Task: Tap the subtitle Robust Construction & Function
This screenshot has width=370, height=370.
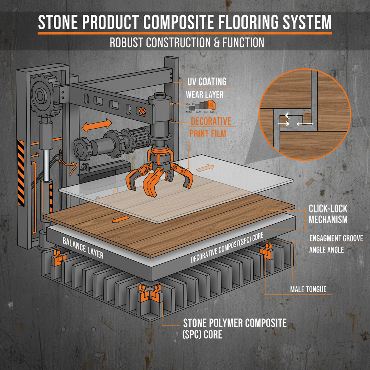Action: pyautogui.click(x=186, y=43)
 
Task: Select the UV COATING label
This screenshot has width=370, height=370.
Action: pyautogui.click(x=207, y=82)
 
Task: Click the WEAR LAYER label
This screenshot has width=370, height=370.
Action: pyautogui.click(x=205, y=95)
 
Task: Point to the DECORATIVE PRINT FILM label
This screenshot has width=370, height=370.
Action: pyautogui.click(x=211, y=127)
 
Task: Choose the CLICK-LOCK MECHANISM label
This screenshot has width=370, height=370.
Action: pyautogui.click(x=328, y=214)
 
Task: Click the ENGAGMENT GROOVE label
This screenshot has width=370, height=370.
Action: pyautogui.click(x=336, y=238)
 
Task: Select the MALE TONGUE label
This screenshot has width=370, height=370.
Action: pyautogui.click(x=308, y=289)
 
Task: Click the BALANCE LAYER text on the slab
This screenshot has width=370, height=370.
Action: pyautogui.click(x=83, y=248)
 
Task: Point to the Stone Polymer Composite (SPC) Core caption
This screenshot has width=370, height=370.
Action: pyautogui.click(x=235, y=328)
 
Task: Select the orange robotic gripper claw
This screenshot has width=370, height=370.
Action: pyautogui.click(x=158, y=173)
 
